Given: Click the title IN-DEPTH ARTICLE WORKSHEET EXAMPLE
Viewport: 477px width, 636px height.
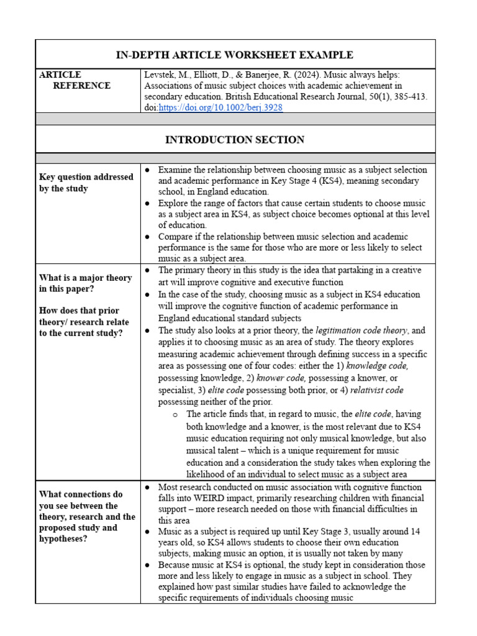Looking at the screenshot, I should [235, 55].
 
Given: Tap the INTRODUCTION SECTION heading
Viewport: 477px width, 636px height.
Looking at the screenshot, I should [235, 140].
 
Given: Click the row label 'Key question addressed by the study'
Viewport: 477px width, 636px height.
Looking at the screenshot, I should [86, 183].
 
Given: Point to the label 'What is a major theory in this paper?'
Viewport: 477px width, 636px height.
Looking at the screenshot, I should [86, 283].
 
